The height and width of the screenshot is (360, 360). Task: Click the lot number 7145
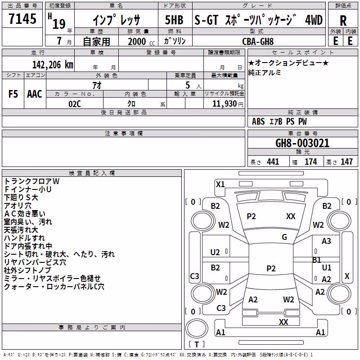point(22,19)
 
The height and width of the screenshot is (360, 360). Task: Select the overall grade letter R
point(343,21)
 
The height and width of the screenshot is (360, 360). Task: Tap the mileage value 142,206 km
point(53,65)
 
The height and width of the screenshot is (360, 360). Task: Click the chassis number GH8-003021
point(302,143)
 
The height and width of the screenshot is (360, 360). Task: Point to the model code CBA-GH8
point(258,41)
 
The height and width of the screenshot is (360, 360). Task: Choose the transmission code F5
point(13,94)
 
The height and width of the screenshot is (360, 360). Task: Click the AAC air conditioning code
point(35,94)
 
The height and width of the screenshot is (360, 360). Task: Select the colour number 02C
point(75,104)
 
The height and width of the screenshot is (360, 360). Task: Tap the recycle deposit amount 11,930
point(224,104)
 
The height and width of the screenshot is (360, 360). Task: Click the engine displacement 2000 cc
point(141,41)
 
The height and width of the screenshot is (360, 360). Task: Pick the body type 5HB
point(174,20)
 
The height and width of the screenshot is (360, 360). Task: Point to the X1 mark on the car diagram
point(220,184)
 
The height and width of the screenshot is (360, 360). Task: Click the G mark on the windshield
point(284,237)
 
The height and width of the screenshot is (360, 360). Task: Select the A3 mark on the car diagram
point(326,241)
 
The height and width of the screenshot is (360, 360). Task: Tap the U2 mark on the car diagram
point(215,252)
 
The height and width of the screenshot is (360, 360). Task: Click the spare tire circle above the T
point(197,328)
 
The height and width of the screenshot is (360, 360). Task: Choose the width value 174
point(310,162)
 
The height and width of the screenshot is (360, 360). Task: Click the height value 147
point(346,162)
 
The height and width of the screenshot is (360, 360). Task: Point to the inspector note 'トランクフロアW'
point(31,181)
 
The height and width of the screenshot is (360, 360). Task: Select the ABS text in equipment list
point(258,121)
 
